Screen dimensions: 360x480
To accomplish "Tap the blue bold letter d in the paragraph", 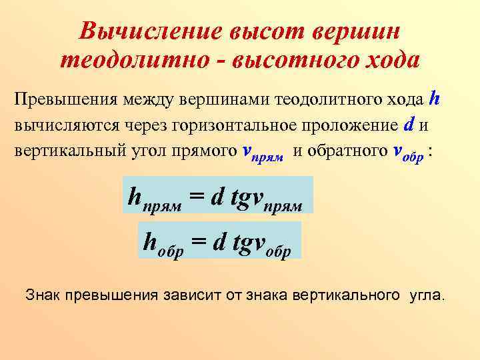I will click(409, 125).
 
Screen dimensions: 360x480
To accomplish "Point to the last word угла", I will click(426, 294).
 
